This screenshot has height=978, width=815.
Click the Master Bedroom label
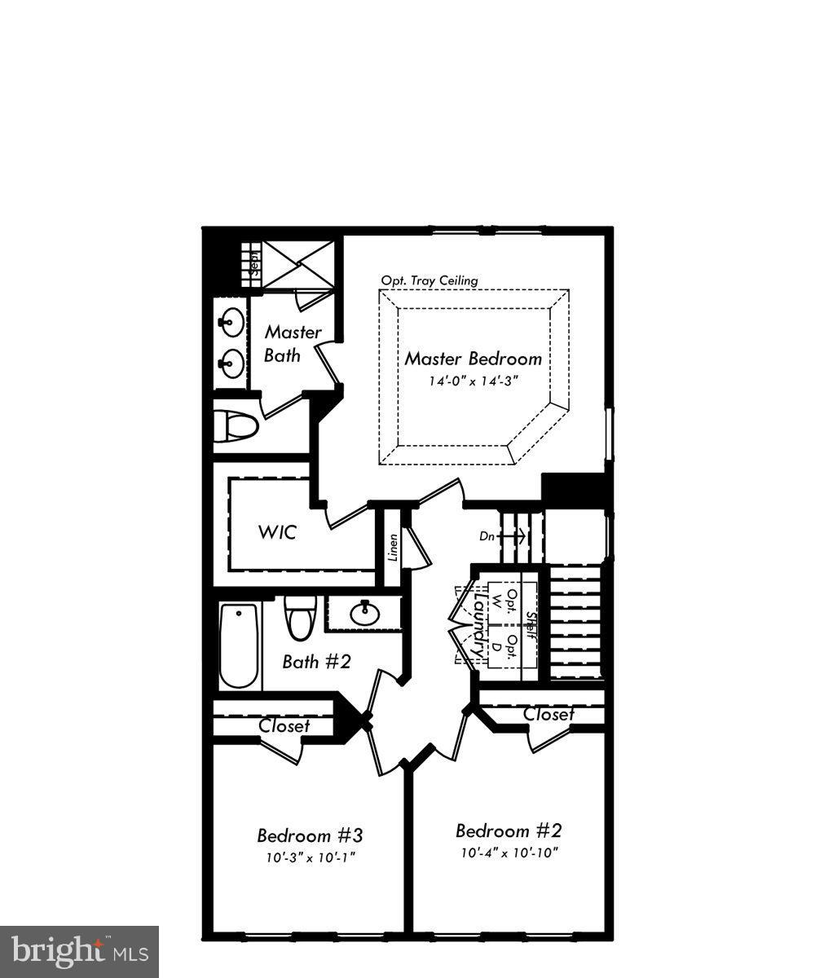point(474,359)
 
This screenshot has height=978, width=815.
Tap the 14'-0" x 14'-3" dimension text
point(474,381)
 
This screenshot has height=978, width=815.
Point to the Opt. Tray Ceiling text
point(430,280)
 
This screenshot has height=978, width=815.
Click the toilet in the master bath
point(236,424)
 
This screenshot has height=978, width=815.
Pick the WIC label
point(277,534)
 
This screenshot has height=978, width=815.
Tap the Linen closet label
point(393,548)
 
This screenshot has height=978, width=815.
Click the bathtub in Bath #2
point(239,645)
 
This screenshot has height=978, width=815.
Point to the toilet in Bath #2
point(300,618)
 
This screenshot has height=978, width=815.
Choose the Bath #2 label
point(316,661)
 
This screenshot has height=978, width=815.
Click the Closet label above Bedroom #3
point(284,725)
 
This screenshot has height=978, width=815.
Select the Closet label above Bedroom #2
point(548,714)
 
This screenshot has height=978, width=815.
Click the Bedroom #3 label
point(310,835)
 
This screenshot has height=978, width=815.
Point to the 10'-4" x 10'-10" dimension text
point(509,853)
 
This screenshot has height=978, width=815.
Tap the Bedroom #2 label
point(509,831)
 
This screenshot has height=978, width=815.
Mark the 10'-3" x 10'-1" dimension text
point(310,857)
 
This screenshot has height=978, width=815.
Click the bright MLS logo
point(79,951)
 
